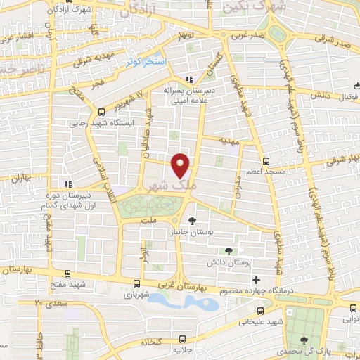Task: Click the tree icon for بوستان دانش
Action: click(228, 250)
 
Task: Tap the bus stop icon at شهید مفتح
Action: click(67, 274)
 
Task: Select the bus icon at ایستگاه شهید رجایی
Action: click(100, 111)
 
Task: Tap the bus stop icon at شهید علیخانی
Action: click(260, 309)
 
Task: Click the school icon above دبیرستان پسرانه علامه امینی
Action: click(188, 79)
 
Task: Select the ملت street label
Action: click(148, 220)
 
